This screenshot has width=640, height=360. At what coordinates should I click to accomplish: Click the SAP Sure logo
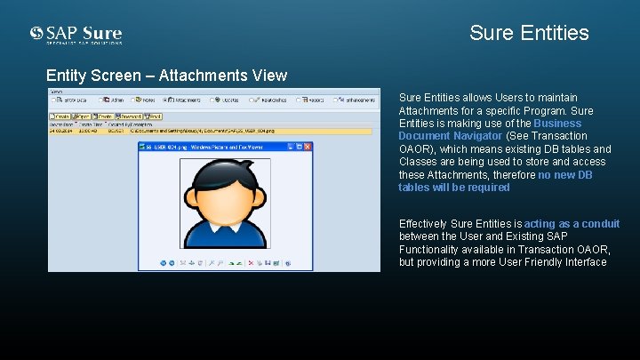pyautogui.click(x=76, y=35)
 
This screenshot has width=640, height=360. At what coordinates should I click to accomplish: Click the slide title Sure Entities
pyautogui.click(x=529, y=33)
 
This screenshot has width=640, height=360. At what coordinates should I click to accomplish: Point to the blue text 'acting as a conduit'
pyautogui.click(x=572, y=224)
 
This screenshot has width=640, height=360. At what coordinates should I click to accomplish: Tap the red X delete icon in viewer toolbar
pyautogui.click(x=252, y=263)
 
